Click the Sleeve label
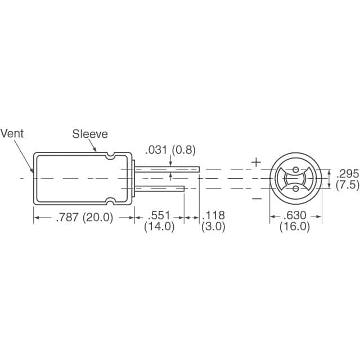89,134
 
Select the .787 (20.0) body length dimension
84,217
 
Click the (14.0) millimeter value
159,227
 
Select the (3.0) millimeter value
213,227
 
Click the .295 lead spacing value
347,174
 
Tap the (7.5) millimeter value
347,185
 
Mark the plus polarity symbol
256,163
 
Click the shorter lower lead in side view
160,188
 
